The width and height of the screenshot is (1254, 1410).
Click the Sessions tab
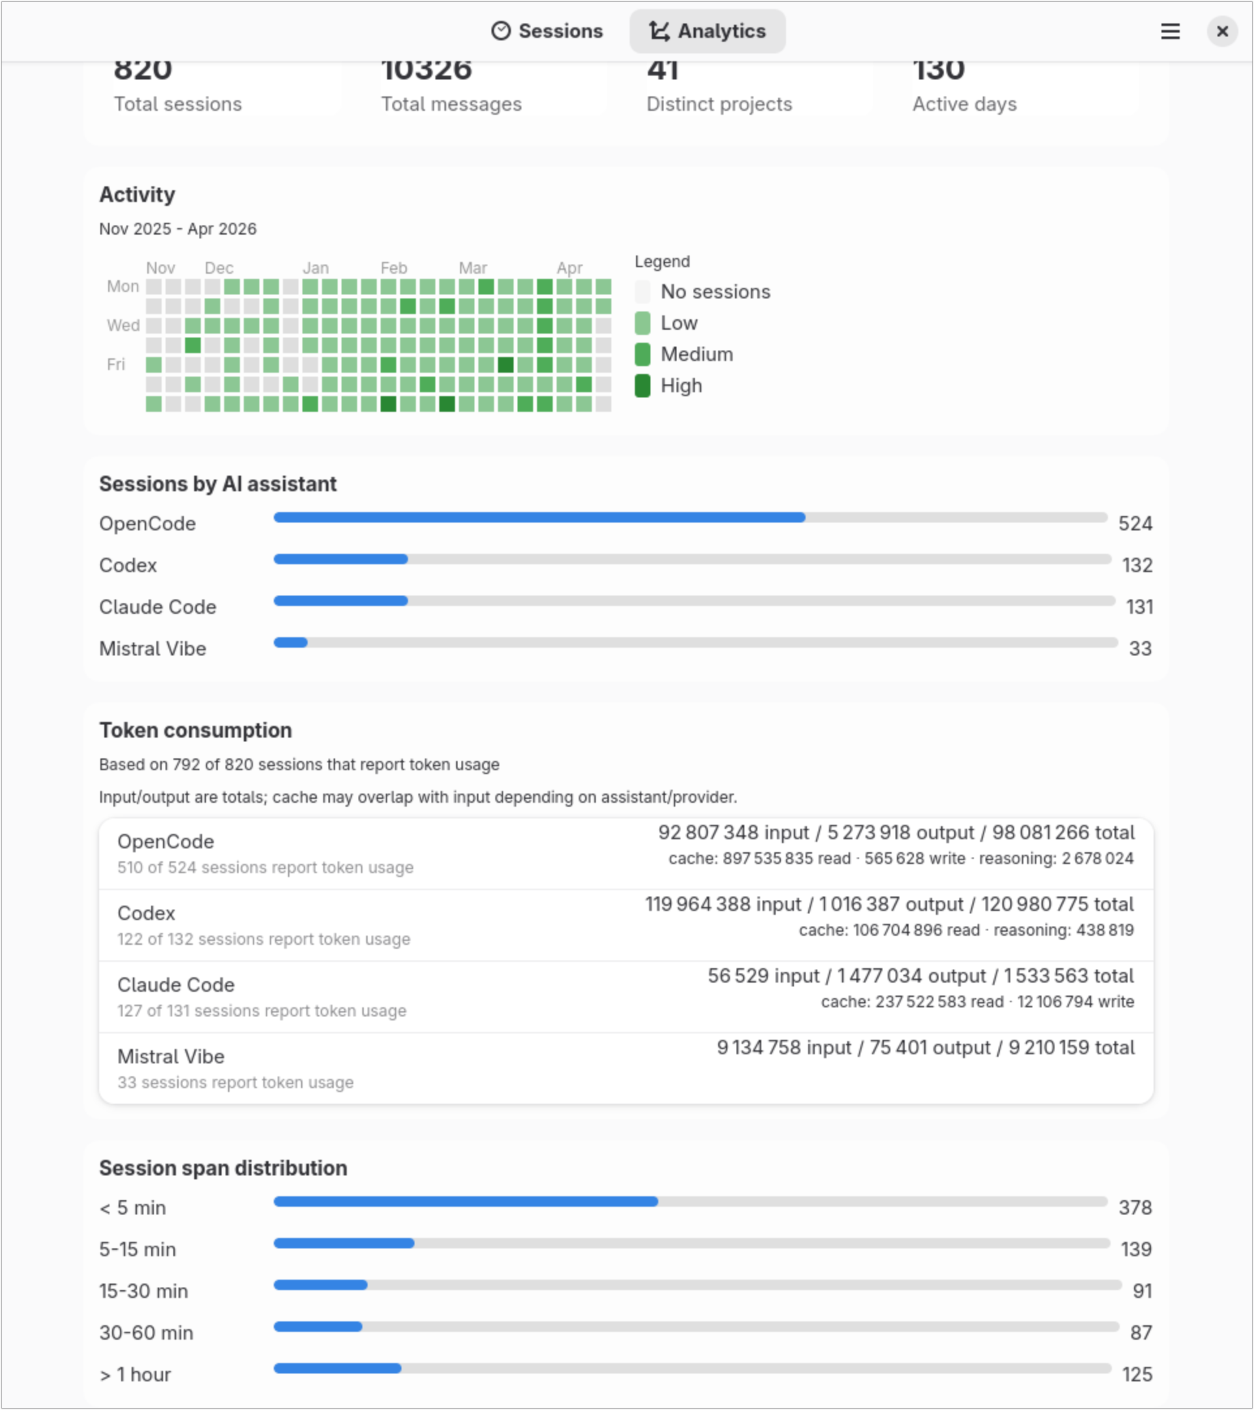[547, 31]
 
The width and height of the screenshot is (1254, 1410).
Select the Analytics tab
[707, 31]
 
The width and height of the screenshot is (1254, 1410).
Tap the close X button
[1221, 31]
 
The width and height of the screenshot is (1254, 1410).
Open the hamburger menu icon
[1170, 31]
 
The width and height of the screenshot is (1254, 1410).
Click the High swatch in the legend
[642, 386]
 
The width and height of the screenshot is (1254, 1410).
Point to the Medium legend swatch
[642, 354]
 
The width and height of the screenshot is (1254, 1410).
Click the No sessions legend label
[715, 292]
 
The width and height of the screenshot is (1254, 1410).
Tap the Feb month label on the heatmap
[394, 268]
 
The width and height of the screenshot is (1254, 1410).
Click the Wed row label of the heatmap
[123, 325]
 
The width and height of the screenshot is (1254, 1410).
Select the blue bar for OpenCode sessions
[538, 517]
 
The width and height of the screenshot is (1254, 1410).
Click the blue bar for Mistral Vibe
[291, 642]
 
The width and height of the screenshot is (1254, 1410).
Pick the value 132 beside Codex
[1137, 566]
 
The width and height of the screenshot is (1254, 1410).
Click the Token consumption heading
[196, 730]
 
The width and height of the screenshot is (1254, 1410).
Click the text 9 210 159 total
[1071, 1047]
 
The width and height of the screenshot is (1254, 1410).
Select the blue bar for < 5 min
[465, 1201]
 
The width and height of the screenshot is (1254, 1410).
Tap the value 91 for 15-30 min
[1142, 1291]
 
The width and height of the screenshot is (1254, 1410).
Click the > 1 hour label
[136, 1374]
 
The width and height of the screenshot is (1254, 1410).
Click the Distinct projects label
[719, 104]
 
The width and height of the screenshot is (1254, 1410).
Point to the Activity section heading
[137, 195]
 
